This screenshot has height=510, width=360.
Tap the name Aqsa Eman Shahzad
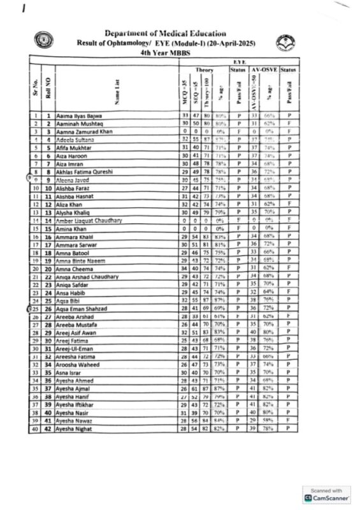point(83,307)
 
